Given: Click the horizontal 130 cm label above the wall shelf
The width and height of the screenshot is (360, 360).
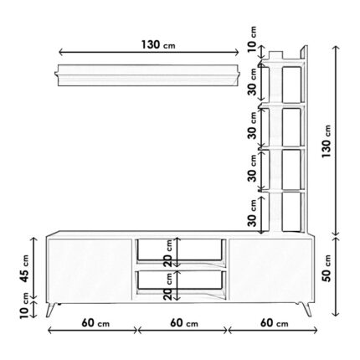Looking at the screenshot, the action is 158,44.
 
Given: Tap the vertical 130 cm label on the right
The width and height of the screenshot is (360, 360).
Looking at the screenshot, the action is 326,141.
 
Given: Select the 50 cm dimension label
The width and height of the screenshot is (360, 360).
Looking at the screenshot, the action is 327,268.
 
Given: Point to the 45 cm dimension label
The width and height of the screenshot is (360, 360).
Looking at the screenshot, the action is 24,269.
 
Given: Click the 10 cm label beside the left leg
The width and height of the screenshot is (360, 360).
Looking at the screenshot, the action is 24,306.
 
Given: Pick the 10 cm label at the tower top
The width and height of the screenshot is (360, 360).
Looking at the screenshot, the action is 252,39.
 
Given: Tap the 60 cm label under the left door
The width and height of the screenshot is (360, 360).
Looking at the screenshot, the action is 95,323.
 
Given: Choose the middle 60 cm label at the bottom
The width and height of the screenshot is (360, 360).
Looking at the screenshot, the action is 184,323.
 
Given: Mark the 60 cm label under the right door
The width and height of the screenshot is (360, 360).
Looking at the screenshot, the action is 275,323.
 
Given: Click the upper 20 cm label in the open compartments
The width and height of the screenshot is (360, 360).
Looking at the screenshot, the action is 168,253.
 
